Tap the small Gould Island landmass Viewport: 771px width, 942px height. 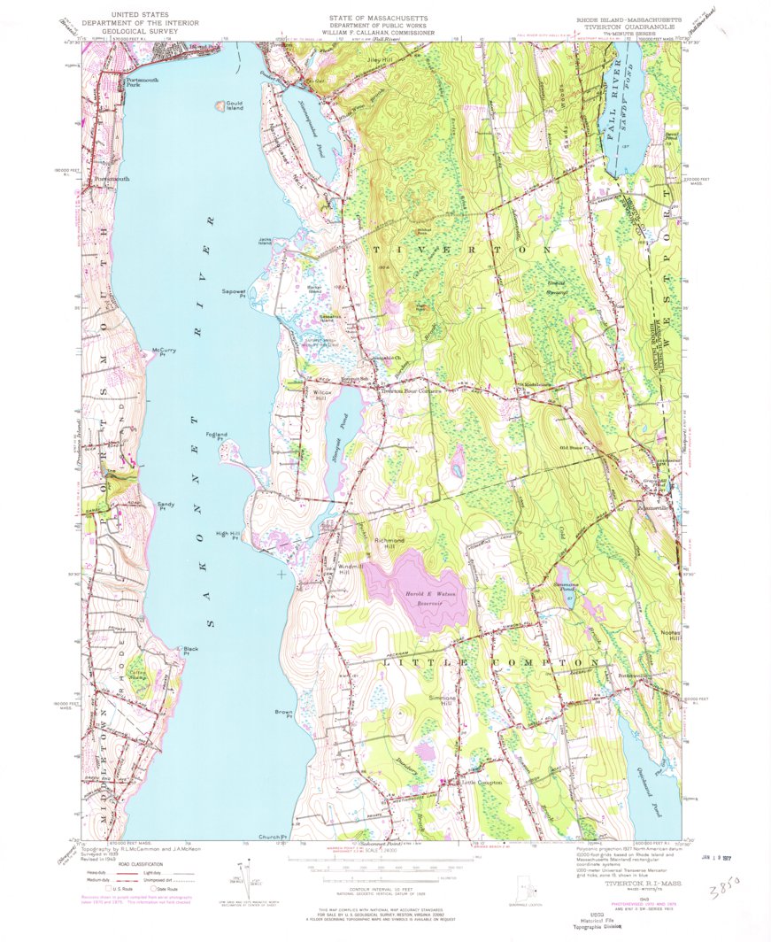tap(220, 106)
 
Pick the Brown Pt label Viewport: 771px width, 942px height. tap(283, 714)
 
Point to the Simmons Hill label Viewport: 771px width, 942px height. tap(443, 700)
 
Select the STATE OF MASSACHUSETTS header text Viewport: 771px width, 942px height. tap(378, 17)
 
